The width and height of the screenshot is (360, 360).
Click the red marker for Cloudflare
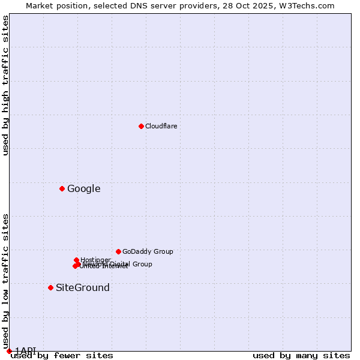(x=141, y=126)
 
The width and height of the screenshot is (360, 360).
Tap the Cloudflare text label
(x=161, y=126)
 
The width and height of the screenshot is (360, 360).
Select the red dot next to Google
(x=62, y=188)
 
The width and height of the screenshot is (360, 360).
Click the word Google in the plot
(x=83, y=189)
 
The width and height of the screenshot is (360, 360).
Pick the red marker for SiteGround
(x=50, y=287)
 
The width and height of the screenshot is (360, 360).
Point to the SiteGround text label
(x=82, y=288)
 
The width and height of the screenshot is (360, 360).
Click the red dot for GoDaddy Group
(x=118, y=251)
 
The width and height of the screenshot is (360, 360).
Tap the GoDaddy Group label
(x=148, y=252)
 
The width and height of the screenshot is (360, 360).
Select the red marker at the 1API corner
(x=9, y=351)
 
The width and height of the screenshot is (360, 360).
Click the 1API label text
(x=25, y=350)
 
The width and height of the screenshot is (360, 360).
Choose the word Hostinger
(x=95, y=260)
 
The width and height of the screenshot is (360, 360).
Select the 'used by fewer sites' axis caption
(x=62, y=355)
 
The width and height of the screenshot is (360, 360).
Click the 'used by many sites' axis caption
(x=301, y=355)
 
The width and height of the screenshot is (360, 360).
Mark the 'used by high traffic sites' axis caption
(x=5, y=85)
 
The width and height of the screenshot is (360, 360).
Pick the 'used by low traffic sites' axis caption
(x=5, y=281)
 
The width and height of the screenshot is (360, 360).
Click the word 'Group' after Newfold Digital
(x=142, y=264)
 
